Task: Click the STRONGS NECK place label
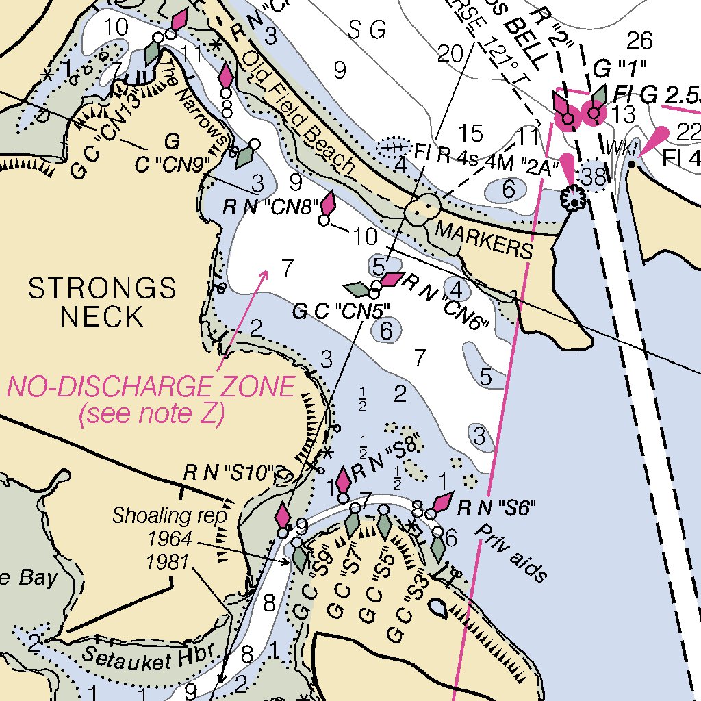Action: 102,303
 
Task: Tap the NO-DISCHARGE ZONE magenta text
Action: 151,388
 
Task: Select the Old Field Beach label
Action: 299,112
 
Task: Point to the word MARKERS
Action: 483,240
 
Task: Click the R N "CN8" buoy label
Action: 271,205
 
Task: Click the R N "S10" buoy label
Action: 229,473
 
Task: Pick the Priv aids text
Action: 512,553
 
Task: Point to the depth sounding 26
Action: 640,41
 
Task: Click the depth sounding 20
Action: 450,53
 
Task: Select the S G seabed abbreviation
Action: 368,29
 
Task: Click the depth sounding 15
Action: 470,133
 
